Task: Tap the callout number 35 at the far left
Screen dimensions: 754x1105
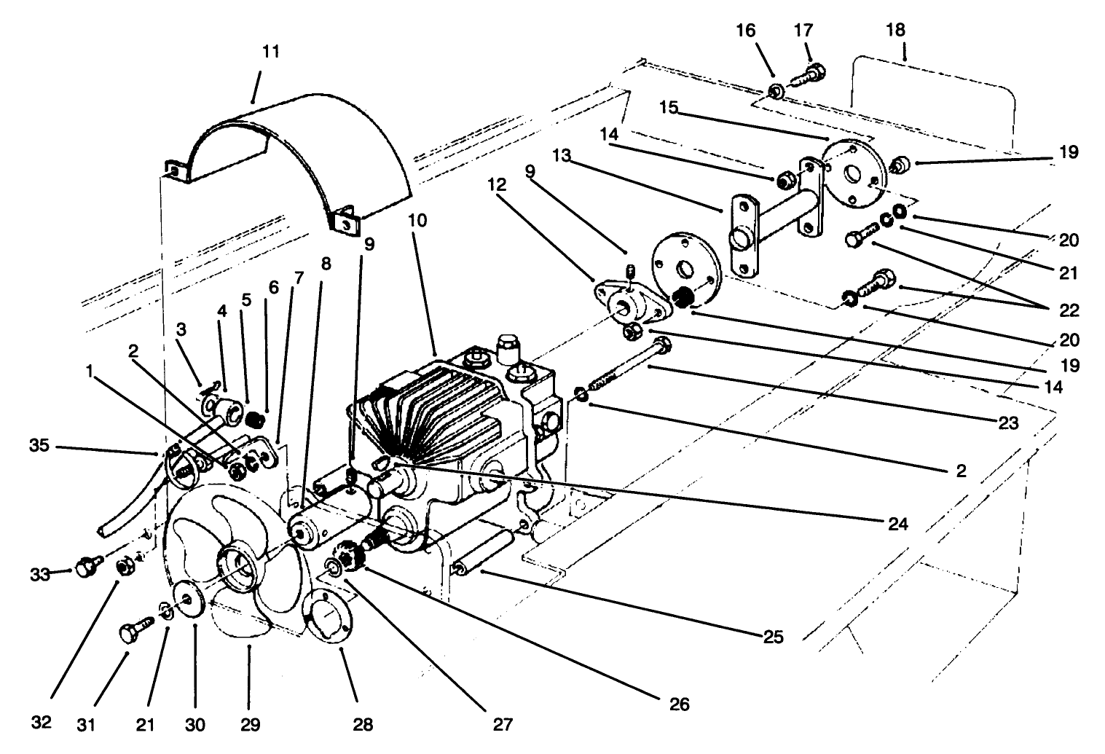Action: tap(41, 444)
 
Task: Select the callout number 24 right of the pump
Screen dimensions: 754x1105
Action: tap(897, 524)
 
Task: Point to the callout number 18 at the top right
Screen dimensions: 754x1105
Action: tap(896, 30)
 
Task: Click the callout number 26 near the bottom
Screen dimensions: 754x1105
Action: tap(678, 704)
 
